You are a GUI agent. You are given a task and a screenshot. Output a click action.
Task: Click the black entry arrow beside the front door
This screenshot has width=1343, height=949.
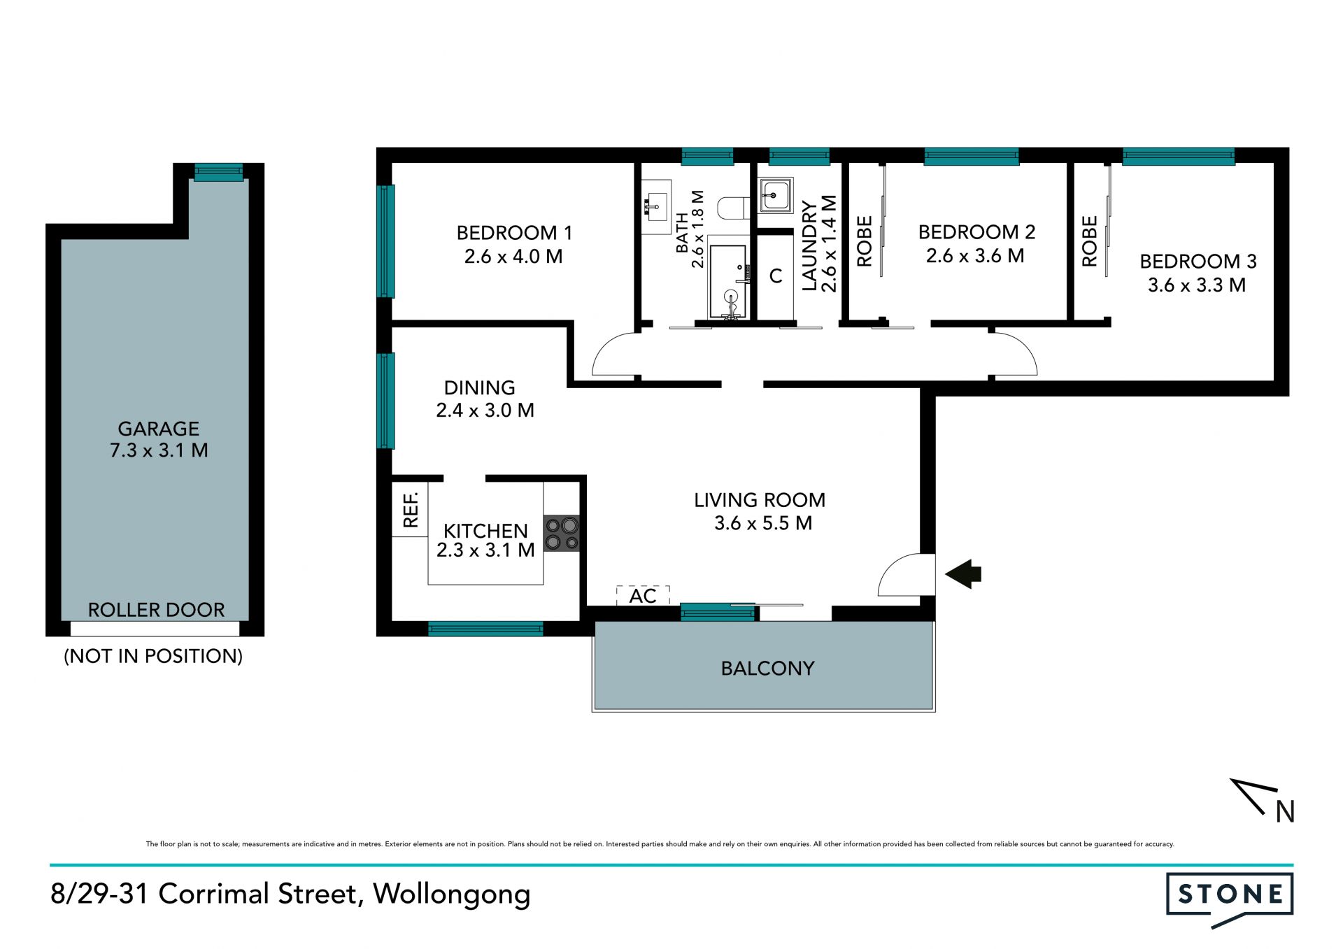coord(964,574)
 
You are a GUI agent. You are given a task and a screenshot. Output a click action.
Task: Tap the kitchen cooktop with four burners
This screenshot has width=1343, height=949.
coord(562,533)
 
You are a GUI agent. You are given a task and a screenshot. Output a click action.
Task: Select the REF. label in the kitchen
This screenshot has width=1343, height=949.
coord(411,509)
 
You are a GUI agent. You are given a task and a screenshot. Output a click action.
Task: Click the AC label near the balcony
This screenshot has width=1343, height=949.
coord(643,596)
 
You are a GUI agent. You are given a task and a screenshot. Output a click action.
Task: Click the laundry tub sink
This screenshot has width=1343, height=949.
coord(776,195)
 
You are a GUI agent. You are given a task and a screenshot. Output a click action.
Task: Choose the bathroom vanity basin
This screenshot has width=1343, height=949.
coord(656,206)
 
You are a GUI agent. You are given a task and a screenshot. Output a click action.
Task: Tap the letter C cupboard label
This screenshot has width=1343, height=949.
coord(776,276)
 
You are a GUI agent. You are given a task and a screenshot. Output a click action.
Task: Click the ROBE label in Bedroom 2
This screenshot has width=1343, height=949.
coord(865,241)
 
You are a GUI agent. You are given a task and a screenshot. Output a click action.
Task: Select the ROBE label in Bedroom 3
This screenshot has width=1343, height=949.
coord(1089,241)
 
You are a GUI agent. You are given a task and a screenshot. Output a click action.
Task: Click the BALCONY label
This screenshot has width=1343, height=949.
coord(767,669)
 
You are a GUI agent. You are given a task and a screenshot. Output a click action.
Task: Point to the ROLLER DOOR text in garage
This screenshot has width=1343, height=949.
coord(156,610)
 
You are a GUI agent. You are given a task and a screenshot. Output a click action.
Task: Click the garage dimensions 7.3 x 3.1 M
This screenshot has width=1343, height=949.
coord(159,450)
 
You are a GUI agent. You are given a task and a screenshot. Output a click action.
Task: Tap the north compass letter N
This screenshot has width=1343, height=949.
coord(1285,811)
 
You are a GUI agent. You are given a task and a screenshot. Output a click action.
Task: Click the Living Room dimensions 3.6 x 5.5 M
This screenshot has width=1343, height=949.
coord(763,523)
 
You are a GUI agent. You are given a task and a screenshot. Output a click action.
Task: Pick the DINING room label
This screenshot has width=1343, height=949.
coord(480,387)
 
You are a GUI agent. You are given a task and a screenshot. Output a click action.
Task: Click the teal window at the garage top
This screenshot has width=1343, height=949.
coord(219,172)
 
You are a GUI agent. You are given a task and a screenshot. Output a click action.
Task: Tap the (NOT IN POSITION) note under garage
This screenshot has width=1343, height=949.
coord(153,656)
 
